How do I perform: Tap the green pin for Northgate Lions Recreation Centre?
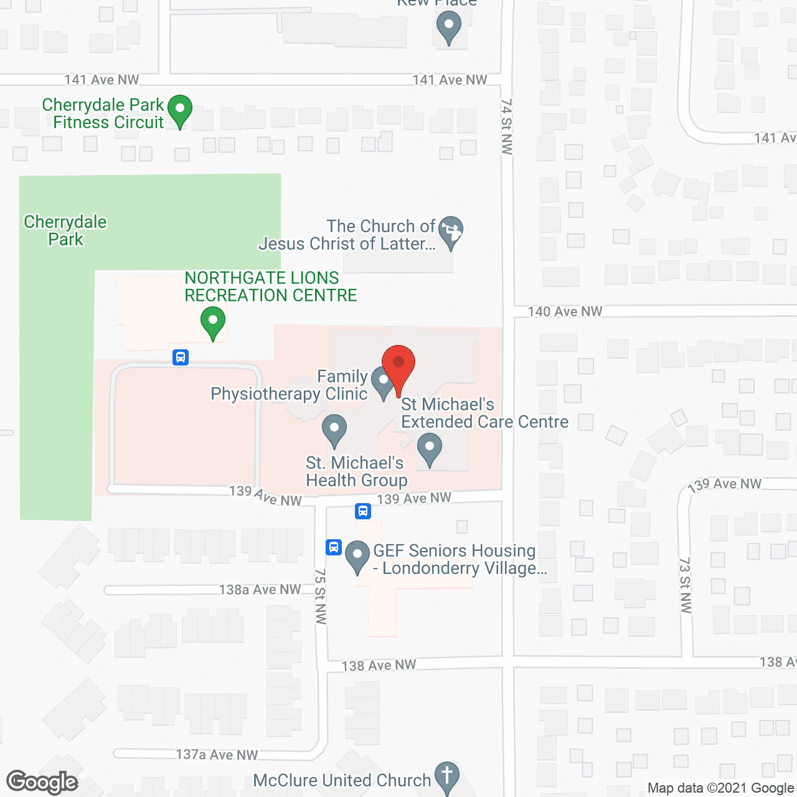[213, 323]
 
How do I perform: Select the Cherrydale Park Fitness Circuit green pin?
[179, 110]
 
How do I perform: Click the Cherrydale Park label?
[65, 230]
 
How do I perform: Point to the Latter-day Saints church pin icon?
[451, 232]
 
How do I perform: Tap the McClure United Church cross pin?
[446, 777]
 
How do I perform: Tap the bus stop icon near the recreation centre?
[181, 357]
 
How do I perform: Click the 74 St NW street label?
[507, 126]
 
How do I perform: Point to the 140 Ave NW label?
[565, 311]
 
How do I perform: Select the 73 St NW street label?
[686, 585]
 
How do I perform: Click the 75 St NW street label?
[321, 596]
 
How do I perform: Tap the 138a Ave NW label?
[260, 589]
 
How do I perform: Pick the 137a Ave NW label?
[217, 755]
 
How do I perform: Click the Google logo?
[42, 782]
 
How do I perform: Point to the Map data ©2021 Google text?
[721, 788]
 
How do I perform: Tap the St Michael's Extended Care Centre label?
[484, 413]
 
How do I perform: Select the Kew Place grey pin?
[448, 27]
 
